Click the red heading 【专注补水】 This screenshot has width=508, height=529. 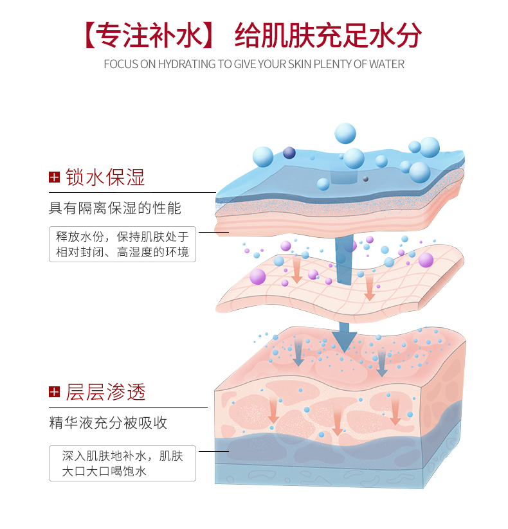[149, 36]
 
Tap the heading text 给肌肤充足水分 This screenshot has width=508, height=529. [328, 36]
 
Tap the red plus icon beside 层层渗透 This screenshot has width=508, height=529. [54, 392]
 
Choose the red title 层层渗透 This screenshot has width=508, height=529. [105, 392]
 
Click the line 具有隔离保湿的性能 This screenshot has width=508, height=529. [115, 208]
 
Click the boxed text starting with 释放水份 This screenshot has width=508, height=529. [122, 244]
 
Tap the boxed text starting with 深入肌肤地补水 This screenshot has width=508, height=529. [122, 463]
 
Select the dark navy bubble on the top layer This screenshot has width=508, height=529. [289, 152]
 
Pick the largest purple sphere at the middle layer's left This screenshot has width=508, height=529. [258, 276]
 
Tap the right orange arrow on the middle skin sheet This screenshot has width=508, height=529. [370, 289]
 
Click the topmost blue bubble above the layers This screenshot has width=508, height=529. [345, 134]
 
